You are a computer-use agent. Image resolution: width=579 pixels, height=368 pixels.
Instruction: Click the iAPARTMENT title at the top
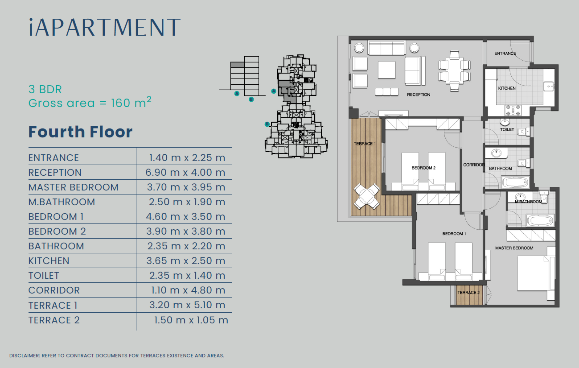click(x=104, y=27)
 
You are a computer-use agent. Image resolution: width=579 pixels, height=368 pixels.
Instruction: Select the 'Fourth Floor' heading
click(x=80, y=132)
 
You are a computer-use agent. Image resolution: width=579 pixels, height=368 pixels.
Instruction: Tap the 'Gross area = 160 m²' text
click(x=90, y=103)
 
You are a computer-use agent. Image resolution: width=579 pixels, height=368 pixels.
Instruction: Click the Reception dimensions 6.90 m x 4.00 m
click(x=185, y=173)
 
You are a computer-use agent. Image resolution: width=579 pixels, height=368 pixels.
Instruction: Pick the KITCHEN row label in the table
click(x=49, y=261)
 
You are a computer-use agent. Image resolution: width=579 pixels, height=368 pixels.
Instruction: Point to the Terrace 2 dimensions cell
click(x=191, y=320)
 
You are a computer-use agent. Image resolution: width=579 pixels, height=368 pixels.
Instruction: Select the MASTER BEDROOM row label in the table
click(x=74, y=187)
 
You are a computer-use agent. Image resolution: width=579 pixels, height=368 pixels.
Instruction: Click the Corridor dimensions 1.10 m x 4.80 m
click(x=188, y=290)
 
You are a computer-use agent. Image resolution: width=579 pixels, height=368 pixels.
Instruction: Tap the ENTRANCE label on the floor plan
click(x=505, y=54)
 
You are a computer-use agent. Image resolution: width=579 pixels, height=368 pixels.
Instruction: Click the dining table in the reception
click(x=454, y=70)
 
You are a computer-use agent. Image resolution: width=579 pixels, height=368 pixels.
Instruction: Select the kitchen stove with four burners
click(x=513, y=110)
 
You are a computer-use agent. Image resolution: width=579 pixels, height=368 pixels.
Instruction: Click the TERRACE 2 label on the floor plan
click(x=468, y=293)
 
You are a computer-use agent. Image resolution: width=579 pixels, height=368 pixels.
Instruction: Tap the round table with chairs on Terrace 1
click(x=367, y=196)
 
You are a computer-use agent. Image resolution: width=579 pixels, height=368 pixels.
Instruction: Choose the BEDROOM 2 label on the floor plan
click(x=423, y=168)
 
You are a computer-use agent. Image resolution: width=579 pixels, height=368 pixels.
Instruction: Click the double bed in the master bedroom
click(x=536, y=273)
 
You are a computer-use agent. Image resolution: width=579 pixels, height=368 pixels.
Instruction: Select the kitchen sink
click(x=548, y=87)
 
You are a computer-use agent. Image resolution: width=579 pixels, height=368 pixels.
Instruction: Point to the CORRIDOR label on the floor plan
click(x=474, y=165)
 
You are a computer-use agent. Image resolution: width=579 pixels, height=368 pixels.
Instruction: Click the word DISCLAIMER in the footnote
click(x=25, y=356)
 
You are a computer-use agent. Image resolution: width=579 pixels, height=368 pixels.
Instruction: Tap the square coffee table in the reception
click(x=387, y=70)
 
